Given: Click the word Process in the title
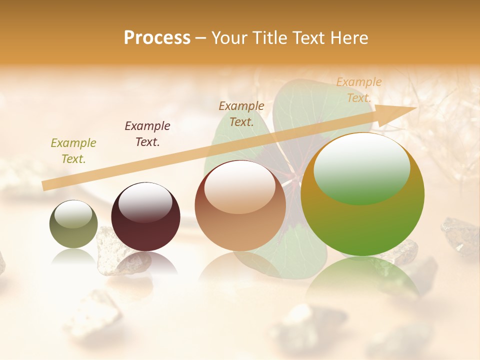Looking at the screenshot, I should pos(157,38).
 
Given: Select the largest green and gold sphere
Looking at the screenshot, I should pos(362,220).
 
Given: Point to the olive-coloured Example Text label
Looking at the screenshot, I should pos(73,151).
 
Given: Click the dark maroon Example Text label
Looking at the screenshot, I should pos(147,134).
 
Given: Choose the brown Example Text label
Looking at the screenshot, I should pos(241,113).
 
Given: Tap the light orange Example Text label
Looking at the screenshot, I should pos(358,90).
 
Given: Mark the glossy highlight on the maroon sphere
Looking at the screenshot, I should pos(145,201).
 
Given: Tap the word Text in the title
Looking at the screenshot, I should pos(308,38).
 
